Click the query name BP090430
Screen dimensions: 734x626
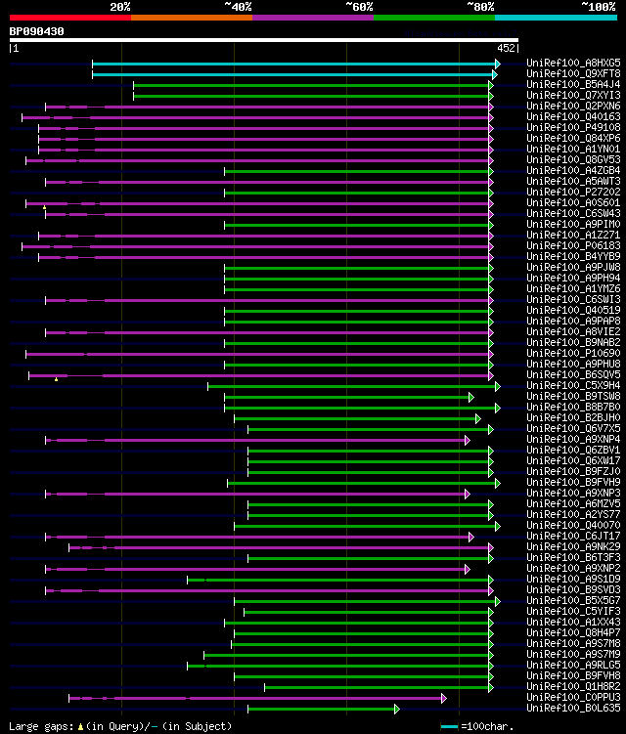(37, 31)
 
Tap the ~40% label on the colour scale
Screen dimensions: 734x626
(238, 7)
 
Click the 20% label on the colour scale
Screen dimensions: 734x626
(120, 7)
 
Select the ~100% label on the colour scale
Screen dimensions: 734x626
(598, 7)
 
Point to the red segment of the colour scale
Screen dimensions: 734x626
(69, 17)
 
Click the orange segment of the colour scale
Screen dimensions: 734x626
(191, 17)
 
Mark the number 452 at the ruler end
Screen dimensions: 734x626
(507, 47)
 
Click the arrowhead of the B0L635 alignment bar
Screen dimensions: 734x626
(397, 708)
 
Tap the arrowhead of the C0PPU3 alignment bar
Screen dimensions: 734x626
(443, 697)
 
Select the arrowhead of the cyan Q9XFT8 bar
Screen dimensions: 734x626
(495, 73)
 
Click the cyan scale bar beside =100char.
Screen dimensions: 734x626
(450, 726)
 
